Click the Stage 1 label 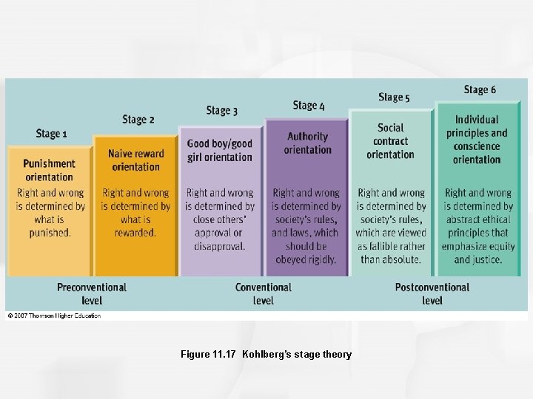[51, 134]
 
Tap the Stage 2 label [138, 119]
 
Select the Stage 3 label [221, 111]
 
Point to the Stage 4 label [309, 106]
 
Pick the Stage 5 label [394, 97]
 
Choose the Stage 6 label [480, 90]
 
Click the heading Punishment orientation [49, 170]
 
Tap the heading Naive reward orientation [136, 160]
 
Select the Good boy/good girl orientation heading [220, 150]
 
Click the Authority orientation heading [307, 143]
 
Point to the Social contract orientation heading [390, 140]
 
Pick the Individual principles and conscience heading [477, 139]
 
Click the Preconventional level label [92, 293]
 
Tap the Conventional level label [264, 293]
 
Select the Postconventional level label [432, 293]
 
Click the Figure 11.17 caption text [266, 355]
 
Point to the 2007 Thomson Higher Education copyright [54, 316]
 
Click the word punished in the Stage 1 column [50, 233]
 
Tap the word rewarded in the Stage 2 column [135, 233]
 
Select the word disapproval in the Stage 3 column [219, 246]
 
